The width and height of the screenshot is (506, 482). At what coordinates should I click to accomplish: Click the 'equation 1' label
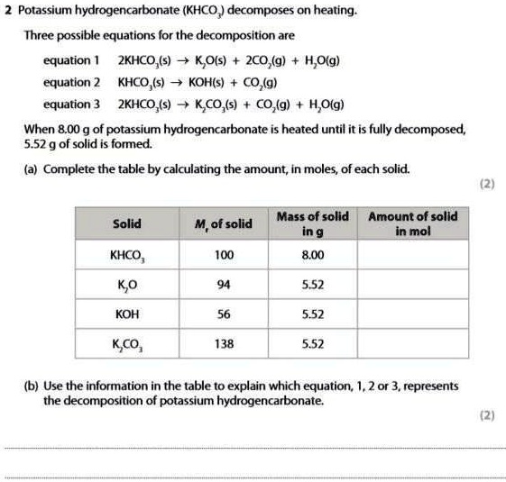pos(71,61)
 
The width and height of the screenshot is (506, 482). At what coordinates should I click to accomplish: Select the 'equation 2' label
pos(71,83)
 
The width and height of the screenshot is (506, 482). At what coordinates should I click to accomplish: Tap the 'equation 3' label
pos(71,104)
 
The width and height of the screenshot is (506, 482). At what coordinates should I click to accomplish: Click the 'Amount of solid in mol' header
pos(412,223)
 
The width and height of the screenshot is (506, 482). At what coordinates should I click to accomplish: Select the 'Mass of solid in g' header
pos(312,223)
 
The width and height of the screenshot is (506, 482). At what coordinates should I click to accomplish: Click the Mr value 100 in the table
pos(225,255)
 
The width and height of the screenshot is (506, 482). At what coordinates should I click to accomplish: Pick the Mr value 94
pos(225,285)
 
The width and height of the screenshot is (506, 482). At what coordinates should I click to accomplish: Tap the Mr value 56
pos(225,314)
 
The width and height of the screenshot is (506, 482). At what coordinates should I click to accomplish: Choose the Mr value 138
pos(225,344)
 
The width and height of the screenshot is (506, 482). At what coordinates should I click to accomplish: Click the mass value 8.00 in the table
pos(312,255)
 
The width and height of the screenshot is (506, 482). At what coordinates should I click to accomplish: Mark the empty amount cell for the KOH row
pos(412,314)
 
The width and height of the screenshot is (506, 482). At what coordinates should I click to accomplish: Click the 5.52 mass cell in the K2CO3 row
pos(312,344)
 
